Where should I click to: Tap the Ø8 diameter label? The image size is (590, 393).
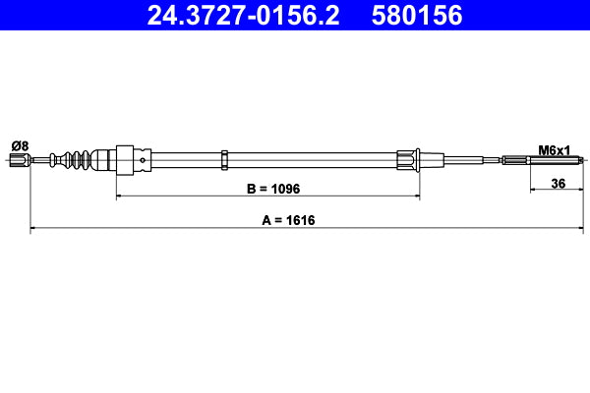(x=20, y=146)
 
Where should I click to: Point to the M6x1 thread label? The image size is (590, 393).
(x=555, y=149)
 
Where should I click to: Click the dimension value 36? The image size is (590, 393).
(x=558, y=183)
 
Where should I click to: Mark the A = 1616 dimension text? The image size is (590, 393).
(x=295, y=221)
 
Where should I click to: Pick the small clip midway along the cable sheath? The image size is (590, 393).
(x=225, y=159)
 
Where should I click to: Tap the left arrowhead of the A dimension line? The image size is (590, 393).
(x=34, y=230)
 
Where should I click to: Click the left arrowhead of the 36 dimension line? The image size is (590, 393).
(x=534, y=192)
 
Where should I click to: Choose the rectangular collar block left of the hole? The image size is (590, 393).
(x=125, y=159)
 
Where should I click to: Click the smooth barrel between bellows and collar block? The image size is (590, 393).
(x=104, y=160)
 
